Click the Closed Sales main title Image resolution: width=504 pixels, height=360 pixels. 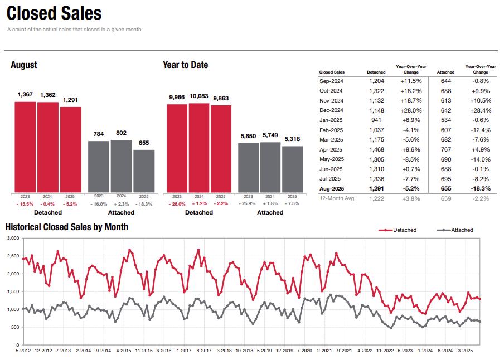coord(54,13)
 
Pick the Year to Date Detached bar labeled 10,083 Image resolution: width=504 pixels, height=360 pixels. coord(199,148)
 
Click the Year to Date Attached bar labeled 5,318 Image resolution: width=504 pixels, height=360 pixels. coord(292,169)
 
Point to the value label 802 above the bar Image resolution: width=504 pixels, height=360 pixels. coord(122,133)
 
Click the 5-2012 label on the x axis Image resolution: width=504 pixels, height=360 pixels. coord(23,351)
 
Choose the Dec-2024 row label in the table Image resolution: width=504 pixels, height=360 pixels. coord(331,110)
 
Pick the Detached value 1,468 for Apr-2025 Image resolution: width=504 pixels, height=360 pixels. coord(376,149)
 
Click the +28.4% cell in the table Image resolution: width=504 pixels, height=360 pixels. coord(480,110)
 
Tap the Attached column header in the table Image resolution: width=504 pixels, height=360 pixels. coord(445,72)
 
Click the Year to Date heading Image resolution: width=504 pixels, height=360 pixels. coord(185,65)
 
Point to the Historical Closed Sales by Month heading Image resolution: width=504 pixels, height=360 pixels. coord(67,227)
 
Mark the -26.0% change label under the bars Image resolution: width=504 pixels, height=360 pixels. coord(177,204)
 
